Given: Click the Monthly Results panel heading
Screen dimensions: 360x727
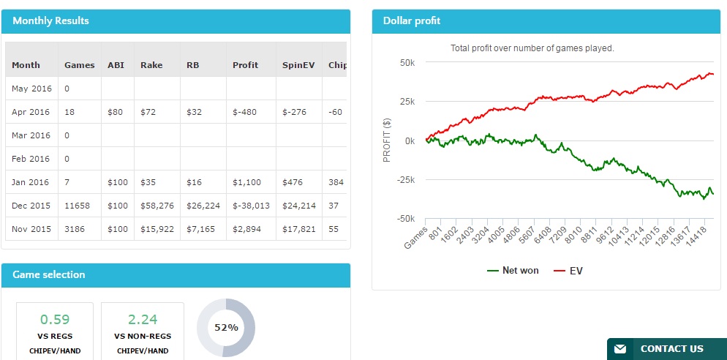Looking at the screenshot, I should tap(50, 20).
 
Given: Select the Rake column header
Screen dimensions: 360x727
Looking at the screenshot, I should tap(151, 64).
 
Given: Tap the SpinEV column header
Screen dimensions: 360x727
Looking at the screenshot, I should tap(298, 64).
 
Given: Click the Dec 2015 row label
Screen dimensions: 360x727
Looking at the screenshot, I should tap(31, 206).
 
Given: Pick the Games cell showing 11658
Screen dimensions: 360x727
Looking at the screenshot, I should tap(80, 206).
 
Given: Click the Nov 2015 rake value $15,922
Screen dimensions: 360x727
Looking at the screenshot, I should tap(157, 229).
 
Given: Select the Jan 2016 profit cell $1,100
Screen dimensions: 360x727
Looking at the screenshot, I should tap(246, 182).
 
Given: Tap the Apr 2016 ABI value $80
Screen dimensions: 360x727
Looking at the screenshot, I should tap(116, 112).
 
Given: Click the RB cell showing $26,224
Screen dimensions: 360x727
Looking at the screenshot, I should tap(203, 206).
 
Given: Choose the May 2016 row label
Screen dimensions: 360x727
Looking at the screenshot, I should tap(31, 89).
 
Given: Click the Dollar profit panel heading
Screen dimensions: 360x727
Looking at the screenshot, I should tap(412, 20).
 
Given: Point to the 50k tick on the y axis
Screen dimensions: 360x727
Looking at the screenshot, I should tap(407, 63).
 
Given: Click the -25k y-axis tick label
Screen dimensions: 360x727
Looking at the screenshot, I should tap(404, 180).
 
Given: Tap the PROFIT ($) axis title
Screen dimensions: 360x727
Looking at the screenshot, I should tap(388, 140).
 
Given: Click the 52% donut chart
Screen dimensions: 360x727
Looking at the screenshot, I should tap(226, 328).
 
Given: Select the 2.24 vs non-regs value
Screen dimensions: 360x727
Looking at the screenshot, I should tap(143, 319).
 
